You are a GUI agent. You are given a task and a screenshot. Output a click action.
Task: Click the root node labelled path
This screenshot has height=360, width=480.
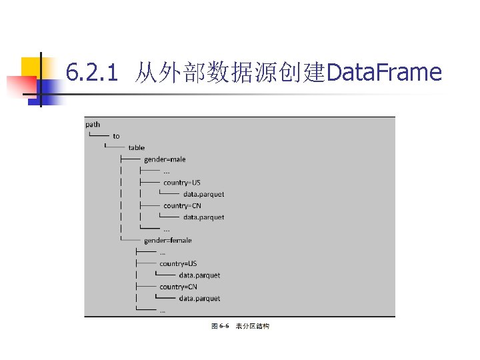click(93, 124)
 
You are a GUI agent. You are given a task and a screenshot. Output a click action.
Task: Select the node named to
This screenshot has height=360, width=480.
click(116, 136)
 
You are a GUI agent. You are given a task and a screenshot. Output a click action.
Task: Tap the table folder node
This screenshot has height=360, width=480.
click(136, 147)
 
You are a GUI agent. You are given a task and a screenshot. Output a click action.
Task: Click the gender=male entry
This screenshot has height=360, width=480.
click(165, 159)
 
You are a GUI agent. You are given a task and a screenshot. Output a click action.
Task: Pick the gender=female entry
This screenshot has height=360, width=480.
click(167, 240)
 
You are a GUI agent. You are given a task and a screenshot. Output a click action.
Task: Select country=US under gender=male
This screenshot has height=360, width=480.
click(181, 182)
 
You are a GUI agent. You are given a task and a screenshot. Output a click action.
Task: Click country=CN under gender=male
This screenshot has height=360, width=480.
click(182, 205)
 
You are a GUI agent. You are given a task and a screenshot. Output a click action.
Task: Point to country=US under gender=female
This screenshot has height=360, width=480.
click(178, 263)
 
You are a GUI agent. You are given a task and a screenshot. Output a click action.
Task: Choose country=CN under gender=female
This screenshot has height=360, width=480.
click(178, 286)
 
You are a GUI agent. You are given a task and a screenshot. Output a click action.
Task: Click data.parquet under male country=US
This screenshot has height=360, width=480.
click(203, 194)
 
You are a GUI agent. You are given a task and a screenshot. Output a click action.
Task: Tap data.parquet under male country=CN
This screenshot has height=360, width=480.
click(203, 217)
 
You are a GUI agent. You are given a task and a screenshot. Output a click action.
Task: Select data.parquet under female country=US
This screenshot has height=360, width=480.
click(199, 275)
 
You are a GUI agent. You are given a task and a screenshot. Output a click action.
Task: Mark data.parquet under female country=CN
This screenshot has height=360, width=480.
click(199, 298)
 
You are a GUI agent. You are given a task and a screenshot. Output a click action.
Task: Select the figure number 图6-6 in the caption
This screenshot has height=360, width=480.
click(220, 327)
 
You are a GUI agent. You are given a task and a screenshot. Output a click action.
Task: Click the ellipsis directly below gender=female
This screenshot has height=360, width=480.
click(163, 252)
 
